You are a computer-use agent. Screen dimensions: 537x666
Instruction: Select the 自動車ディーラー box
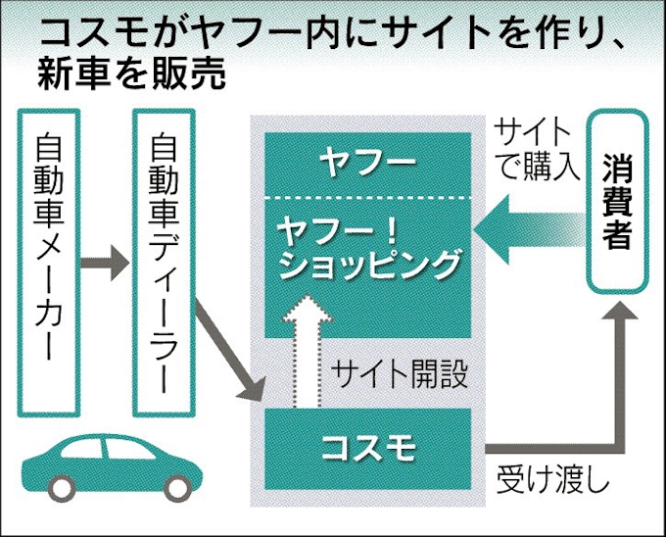click(165, 259)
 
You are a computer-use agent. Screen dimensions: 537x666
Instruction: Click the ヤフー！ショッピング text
click(367, 248)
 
